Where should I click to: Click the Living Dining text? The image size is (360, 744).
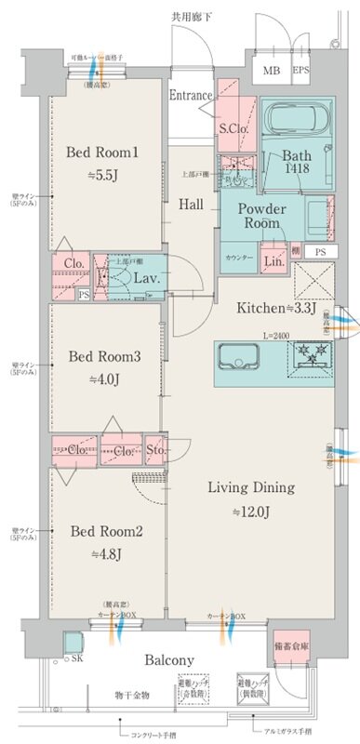250,486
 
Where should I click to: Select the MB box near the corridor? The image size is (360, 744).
272,70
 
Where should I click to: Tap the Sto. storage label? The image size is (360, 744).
155,451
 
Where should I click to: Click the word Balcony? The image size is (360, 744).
169,660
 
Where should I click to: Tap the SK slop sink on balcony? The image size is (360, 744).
73,644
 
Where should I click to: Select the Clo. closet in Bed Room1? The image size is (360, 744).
73,263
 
